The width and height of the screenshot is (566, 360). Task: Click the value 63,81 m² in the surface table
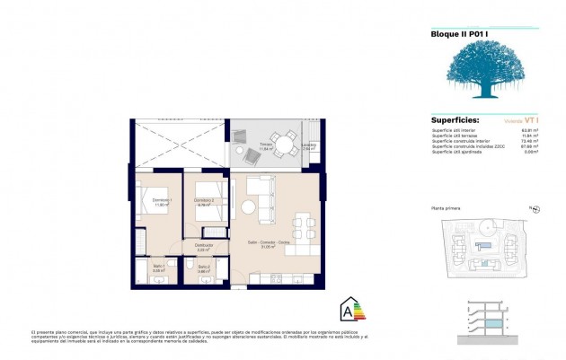pos(529,129)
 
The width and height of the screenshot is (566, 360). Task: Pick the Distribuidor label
pos(204,245)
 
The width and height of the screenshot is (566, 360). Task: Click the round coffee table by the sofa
pos(248,207)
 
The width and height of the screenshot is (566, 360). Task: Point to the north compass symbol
pos(535,208)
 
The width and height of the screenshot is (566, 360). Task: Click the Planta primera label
pos(447,208)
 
